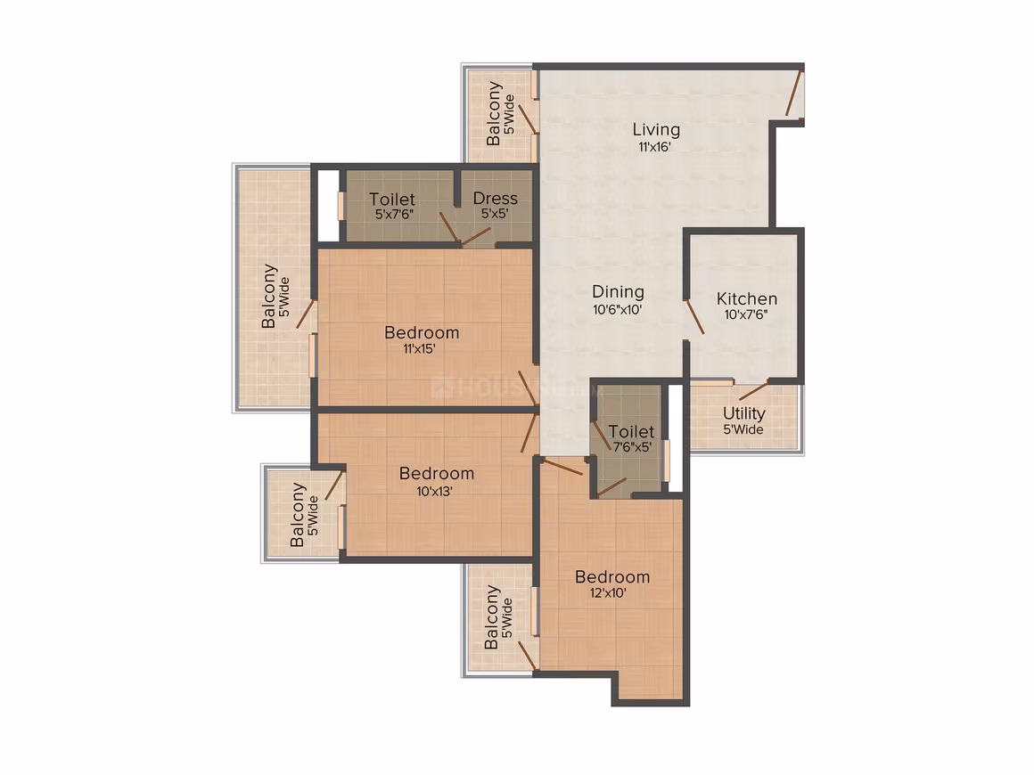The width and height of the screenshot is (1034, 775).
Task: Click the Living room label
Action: tap(656, 130)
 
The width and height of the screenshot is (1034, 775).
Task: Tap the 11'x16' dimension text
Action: tap(654, 147)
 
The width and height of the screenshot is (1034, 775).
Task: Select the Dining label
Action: tap(618, 292)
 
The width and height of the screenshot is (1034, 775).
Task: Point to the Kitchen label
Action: tap(746, 298)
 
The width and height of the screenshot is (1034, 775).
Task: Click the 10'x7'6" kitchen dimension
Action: tap(746, 315)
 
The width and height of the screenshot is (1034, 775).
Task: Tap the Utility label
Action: tap(743, 413)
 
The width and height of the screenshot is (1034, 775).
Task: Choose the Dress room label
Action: tap(496, 198)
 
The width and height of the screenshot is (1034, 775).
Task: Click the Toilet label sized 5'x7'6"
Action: tap(392, 199)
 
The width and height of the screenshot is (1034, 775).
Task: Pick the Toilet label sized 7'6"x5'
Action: tap(631, 432)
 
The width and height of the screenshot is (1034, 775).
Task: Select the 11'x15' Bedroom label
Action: tap(422, 332)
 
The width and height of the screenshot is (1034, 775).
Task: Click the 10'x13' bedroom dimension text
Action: tap(434, 491)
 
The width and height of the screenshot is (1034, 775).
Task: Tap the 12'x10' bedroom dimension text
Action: tap(608, 593)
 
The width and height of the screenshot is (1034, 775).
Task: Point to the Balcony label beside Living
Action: tap(493, 113)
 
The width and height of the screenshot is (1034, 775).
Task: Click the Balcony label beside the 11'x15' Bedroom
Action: tap(268, 296)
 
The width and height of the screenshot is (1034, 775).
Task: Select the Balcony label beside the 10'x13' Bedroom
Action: tap(298, 515)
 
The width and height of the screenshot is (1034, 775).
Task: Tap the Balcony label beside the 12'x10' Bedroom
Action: tap(491, 617)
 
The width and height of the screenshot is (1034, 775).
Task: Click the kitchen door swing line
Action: tap(694, 317)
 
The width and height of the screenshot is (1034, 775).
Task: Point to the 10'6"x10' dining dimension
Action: tap(617, 309)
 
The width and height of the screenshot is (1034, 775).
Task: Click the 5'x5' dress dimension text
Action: tap(495, 214)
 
